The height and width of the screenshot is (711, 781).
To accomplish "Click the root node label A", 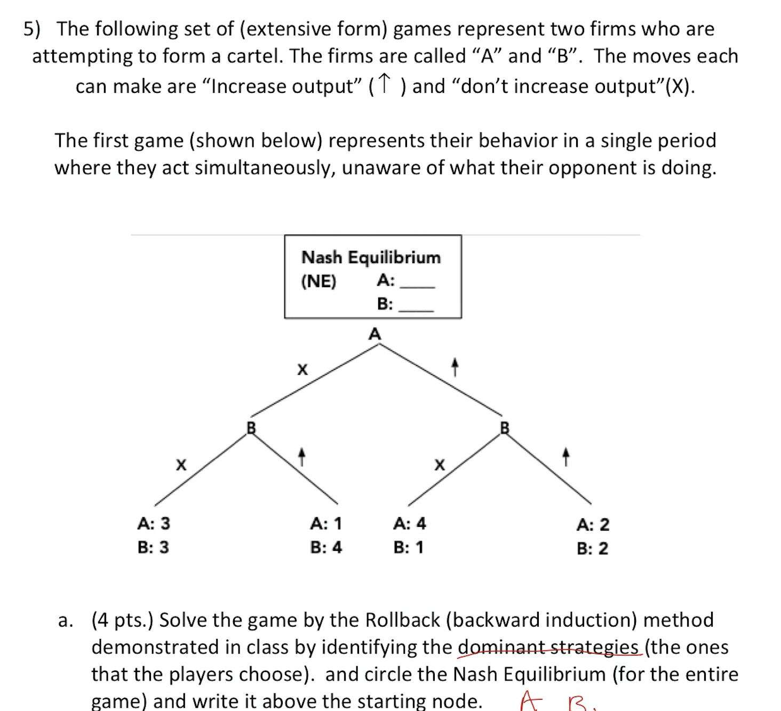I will pyautogui.click(x=375, y=334).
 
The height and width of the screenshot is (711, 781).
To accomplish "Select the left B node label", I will pyautogui.click(x=251, y=428).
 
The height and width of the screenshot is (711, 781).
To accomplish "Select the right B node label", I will pyautogui.click(x=505, y=428).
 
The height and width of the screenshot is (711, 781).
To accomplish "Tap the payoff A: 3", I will pyautogui.click(x=154, y=524).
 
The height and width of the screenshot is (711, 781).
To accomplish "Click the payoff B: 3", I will pyautogui.click(x=153, y=547).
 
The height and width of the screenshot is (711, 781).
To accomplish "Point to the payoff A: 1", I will pyautogui.click(x=326, y=524).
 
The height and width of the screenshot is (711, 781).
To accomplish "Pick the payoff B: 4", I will pyautogui.click(x=326, y=547).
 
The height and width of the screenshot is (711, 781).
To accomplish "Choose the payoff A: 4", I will pyautogui.click(x=409, y=524).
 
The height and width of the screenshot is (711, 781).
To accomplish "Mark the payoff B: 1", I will pyautogui.click(x=409, y=547).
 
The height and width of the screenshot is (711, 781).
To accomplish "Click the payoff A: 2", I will pyautogui.click(x=593, y=525).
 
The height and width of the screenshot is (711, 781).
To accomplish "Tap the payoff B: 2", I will pyautogui.click(x=592, y=548).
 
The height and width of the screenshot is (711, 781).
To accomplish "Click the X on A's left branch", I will pyautogui.click(x=302, y=369).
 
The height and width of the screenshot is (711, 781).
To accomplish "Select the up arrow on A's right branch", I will pyautogui.click(x=455, y=367).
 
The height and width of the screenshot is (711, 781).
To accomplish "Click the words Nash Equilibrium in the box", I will pyautogui.click(x=371, y=257).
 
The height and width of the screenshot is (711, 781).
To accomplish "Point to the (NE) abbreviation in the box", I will pyautogui.click(x=319, y=281).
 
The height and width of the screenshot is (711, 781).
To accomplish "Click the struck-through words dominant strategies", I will pyautogui.click(x=549, y=647).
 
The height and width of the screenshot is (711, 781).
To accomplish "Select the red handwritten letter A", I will pyautogui.click(x=530, y=700).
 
